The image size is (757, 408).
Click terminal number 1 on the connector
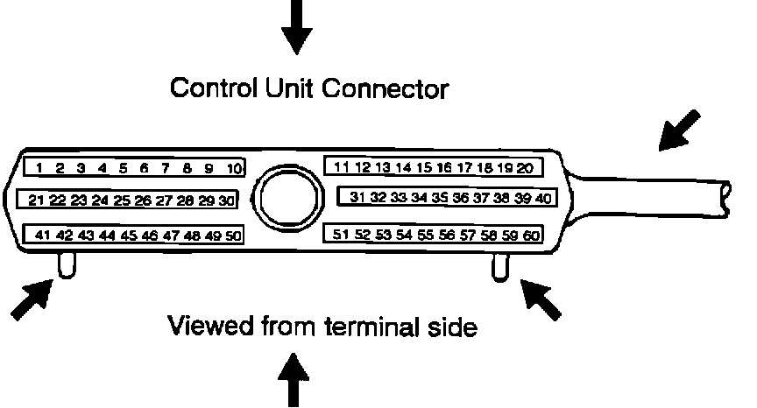click(x=39, y=167)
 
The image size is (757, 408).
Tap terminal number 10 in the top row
click(x=233, y=167)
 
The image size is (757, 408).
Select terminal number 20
click(x=525, y=166)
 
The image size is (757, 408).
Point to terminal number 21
click(x=36, y=200)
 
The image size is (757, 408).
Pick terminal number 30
click(x=227, y=200)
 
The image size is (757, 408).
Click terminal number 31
click(x=357, y=198)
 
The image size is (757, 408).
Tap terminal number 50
click(x=233, y=235)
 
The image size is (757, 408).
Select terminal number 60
click(x=532, y=234)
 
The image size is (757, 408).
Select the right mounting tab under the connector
click(x=499, y=266)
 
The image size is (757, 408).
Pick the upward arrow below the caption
click(x=294, y=378)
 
